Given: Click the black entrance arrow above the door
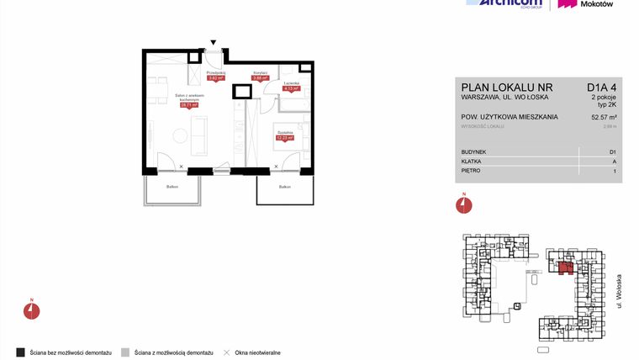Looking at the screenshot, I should click(214, 42).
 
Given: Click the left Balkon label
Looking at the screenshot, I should click(172, 186).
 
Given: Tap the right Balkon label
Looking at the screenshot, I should click(285, 187).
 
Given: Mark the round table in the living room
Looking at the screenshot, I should click(180, 135).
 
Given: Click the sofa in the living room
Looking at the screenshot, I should click(200, 135).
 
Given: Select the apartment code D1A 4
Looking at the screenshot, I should click(601, 87).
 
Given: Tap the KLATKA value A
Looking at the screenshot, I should click(614, 161).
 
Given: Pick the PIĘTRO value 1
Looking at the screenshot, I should click(615, 171).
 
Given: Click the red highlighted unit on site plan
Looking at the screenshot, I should click(564, 267).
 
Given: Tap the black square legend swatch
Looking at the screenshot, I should click(20, 351).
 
